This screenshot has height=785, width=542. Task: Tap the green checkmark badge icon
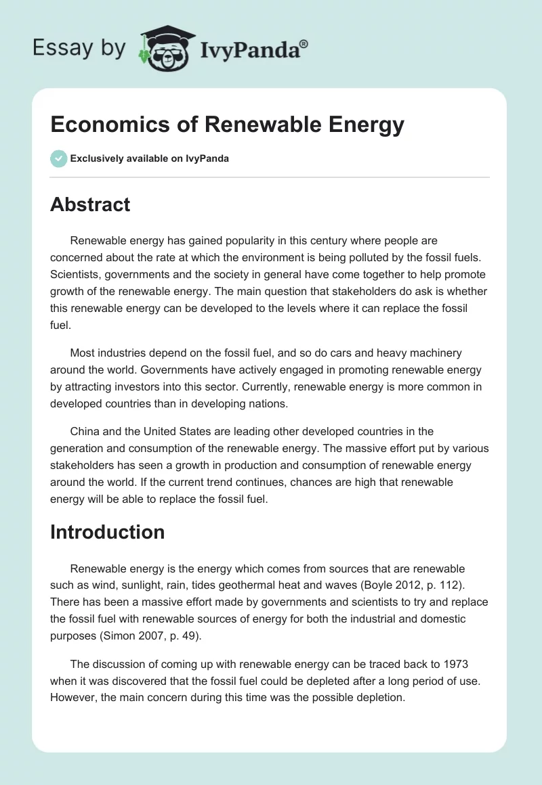[58, 158]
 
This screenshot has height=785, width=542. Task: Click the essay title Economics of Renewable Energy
[227, 125]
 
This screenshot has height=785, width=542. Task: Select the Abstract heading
[90, 204]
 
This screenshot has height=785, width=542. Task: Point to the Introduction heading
[107, 532]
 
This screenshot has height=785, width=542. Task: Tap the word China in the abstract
[85, 431]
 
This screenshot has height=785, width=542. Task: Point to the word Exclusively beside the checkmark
[98, 158]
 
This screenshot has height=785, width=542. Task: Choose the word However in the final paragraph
[75, 696]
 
